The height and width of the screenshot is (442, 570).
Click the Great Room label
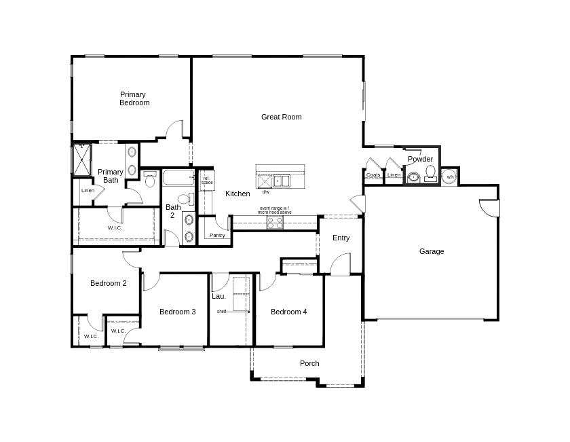click(281, 117)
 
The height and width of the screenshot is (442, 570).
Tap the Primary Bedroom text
click(134, 98)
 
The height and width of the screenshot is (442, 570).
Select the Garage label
click(431, 251)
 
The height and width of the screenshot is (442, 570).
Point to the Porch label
click(309, 363)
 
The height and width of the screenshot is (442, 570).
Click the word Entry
click(341, 238)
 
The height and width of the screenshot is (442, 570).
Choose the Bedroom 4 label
click(288, 312)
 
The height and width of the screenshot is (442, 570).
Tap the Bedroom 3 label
click(177, 312)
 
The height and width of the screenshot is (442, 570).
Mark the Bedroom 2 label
click(108, 283)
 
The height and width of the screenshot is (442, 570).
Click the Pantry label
click(217, 235)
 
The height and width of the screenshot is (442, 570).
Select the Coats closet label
click(373, 175)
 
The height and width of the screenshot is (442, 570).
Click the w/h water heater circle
click(449, 177)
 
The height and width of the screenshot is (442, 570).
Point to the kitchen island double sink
click(282, 181)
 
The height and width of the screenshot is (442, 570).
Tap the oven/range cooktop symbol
click(275, 222)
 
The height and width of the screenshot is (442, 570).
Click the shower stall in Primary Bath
click(81, 160)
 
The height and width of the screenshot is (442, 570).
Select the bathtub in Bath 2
click(178, 179)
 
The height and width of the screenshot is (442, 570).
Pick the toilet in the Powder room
click(430, 172)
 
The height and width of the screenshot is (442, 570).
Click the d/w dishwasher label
click(265, 192)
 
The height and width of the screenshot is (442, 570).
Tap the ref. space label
click(206, 181)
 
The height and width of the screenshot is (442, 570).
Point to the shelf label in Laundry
click(221, 311)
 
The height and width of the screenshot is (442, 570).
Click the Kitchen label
click(237, 194)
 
